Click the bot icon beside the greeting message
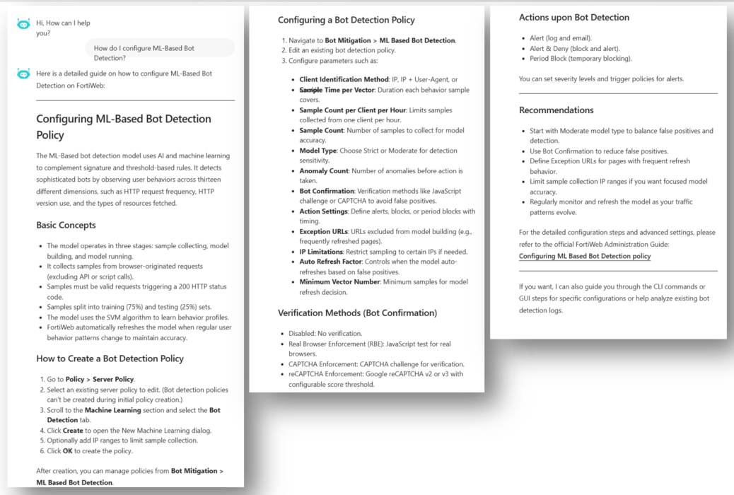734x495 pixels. pos(23,24)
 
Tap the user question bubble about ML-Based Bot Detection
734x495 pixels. pos(159,53)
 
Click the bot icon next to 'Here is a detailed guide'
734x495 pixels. pos(23,74)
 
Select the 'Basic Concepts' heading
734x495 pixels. pos(66,226)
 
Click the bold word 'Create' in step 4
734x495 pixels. pos(73,430)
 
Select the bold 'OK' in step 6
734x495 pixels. pos(69,450)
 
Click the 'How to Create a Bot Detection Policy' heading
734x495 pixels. pos(110,359)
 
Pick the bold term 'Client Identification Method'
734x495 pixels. pos(344,80)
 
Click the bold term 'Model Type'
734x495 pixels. pos(318,151)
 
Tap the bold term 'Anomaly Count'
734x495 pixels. pos(323,171)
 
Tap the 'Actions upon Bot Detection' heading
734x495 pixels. pos(573,18)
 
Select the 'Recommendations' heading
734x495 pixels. pos(556,110)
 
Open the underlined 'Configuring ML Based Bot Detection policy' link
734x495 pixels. pos(584,256)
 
